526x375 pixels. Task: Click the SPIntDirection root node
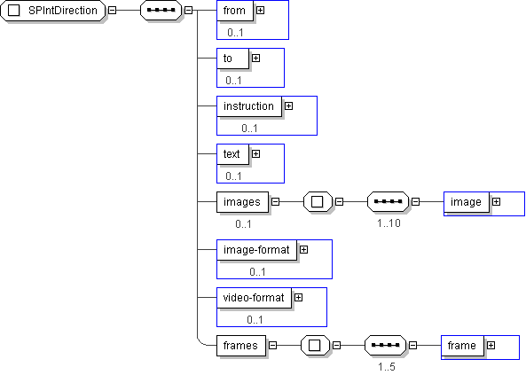(52, 11)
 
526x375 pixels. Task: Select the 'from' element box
(235, 11)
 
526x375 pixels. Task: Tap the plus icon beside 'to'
(256, 59)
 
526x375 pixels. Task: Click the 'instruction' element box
(249, 106)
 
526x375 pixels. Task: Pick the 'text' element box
(232, 154)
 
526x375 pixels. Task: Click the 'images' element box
(242, 202)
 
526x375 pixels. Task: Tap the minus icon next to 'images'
(275, 202)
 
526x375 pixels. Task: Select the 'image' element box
(467, 202)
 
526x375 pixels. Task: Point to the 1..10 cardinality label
(389, 223)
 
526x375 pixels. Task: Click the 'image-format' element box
(257, 250)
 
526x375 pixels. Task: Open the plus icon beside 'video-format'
(298, 298)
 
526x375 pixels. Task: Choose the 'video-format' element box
(254, 298)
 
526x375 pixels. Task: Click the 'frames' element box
(241, 346)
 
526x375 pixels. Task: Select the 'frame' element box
(463, 346)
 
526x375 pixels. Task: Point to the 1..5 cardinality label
(387, 367)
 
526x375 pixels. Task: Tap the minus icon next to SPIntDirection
(113, 11)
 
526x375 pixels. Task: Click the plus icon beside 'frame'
(491, 346)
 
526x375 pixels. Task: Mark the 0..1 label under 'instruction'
(249, 129)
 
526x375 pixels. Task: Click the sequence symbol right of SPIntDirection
(161, 11)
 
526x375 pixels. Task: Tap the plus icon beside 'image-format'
(303, 250)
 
